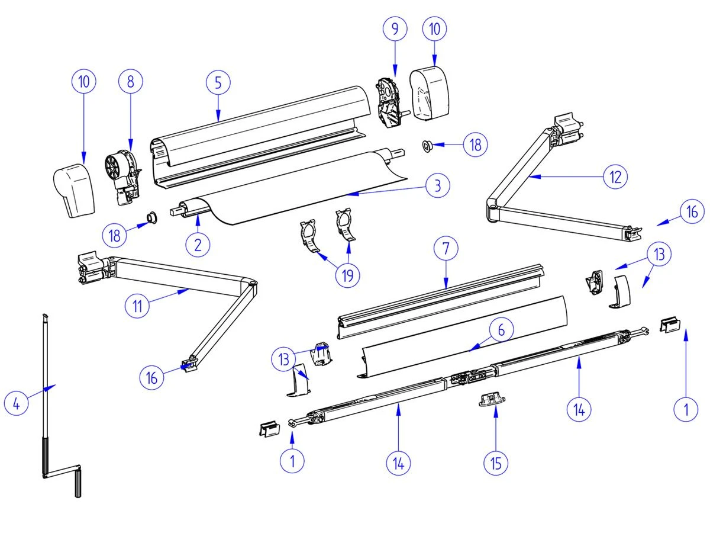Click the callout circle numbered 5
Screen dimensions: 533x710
click(x=218, y=83)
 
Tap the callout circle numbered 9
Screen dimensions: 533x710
click(x=395, y=28)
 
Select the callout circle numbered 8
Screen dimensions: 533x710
click(x=131, y=82)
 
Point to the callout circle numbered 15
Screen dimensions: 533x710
click(x=496, y=463)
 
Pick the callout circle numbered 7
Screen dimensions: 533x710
click(x=446, y=249)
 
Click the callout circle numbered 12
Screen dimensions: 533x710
click(x=615, y=176)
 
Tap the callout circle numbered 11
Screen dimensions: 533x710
click(x=138, y=306)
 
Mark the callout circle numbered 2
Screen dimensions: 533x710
click(x=198, y=244)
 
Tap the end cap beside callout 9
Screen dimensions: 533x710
click(x=431, y=93)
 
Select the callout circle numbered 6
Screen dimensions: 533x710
click(x=501, y=330)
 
